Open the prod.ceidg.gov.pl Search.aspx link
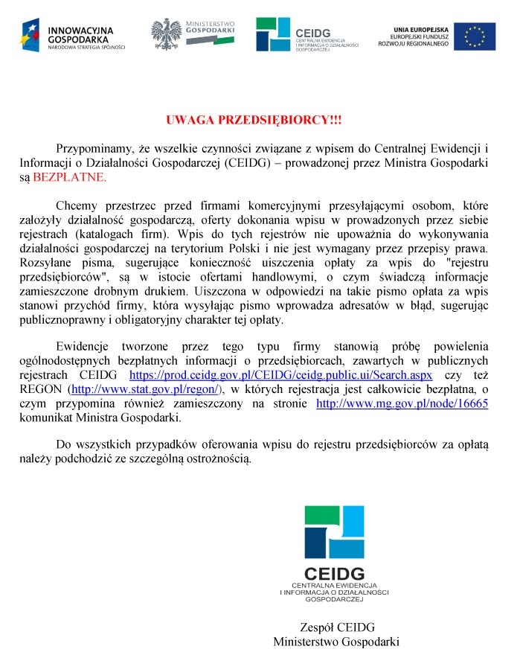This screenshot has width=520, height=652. [280, 374]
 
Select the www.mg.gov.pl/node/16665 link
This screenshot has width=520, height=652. [402, 403]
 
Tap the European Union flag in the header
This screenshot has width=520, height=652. [475, 34]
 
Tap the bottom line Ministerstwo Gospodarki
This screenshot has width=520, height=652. [336, 641]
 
